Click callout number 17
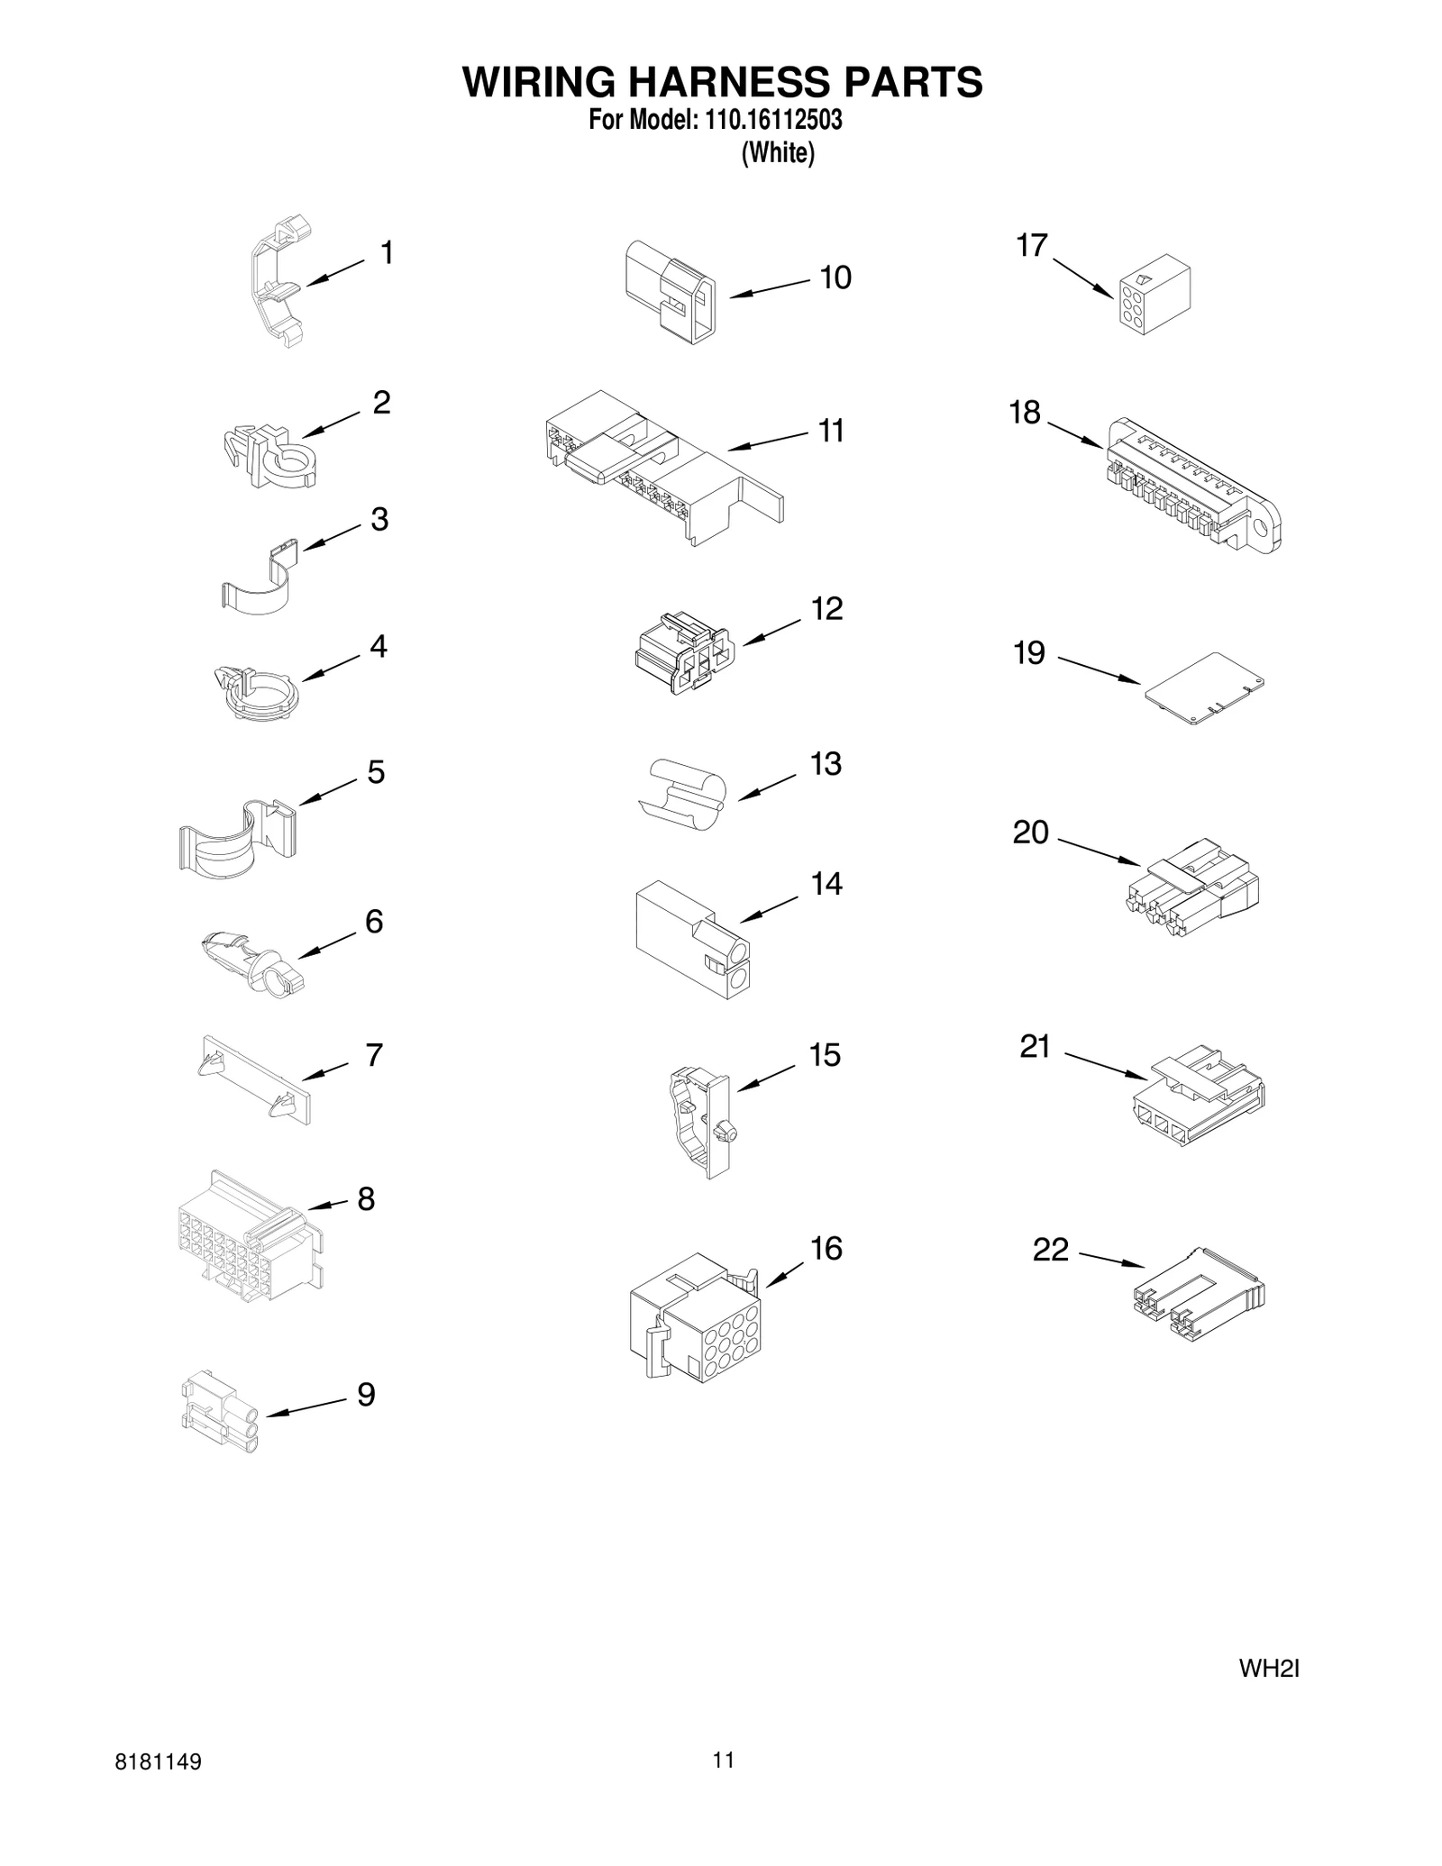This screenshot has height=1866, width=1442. coord(1032,245)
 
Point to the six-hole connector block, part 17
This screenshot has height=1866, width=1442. coord(1154,300)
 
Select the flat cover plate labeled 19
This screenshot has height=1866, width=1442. coord(1204,688)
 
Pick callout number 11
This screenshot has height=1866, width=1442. coord(831,431)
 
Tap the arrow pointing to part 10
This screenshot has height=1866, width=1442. coord(770,288)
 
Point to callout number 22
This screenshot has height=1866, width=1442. coord(1050,1250)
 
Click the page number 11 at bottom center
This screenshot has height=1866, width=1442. coord(724,1759)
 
